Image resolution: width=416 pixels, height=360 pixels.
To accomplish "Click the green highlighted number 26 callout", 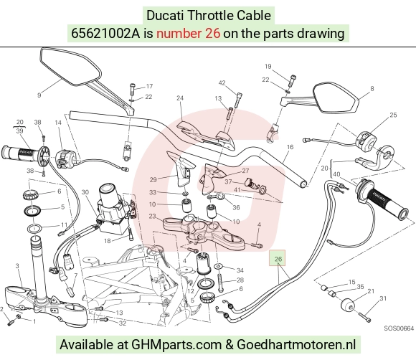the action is [x=278, y=258].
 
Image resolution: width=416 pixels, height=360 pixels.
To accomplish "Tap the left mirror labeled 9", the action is [x=71, y=67].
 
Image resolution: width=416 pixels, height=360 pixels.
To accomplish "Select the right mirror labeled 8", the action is [x=335, y=99].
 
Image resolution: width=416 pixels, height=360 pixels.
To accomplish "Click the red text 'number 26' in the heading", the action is [x=188, y=34].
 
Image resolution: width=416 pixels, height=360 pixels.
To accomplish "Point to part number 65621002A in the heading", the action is [x=105, y=34].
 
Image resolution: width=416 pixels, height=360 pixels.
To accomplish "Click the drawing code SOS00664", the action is [x=399, y=328].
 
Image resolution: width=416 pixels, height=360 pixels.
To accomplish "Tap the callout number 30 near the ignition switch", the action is [x=85, y=191].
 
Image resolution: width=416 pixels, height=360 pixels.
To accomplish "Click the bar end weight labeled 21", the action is [x=348, y=305].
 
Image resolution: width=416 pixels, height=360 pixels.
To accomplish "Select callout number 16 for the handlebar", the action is [x=290, y=147].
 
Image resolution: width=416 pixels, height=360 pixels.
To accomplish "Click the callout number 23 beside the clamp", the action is [x=152, y=216].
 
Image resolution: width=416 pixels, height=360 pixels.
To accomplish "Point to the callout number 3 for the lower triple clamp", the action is [x=17, y=265].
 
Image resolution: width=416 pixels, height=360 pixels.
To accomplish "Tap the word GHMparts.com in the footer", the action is [x=176, y=344].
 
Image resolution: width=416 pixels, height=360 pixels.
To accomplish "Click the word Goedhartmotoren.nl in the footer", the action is [x=296, y=344].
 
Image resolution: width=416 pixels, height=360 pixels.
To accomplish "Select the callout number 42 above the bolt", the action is [x=222, y=83].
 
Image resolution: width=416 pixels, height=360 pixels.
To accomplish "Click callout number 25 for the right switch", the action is [x=393, y=115].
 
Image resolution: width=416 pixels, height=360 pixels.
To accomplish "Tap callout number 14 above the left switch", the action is [x=58, y=123].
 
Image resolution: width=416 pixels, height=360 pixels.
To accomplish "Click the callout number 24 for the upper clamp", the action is [x=180, y=98].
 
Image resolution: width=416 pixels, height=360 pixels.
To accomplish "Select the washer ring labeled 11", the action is [x=34, y=228].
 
